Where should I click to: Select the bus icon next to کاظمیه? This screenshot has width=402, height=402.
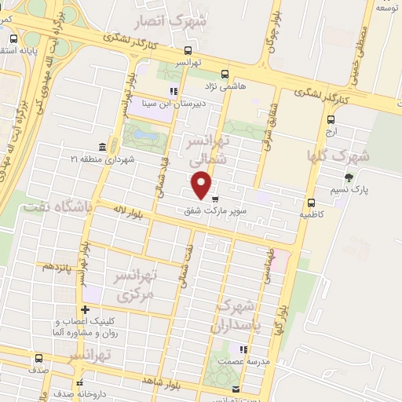(x=312, y=202)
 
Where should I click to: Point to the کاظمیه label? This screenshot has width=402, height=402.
(x=312, y=214)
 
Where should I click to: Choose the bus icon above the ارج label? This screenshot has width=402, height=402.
(x=331, y=120)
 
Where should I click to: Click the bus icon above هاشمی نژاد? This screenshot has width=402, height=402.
(x=226, y=74)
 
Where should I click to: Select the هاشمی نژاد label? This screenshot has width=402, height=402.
(x=226, y=86)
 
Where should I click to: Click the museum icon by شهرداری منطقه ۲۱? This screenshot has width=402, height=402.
(x=103, y=148)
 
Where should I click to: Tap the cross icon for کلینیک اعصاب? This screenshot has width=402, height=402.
(x=85, y=309)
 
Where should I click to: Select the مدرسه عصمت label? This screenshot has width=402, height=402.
(x=243, y=361)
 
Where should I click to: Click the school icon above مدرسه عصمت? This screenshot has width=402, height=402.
(x=243, y=349)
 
